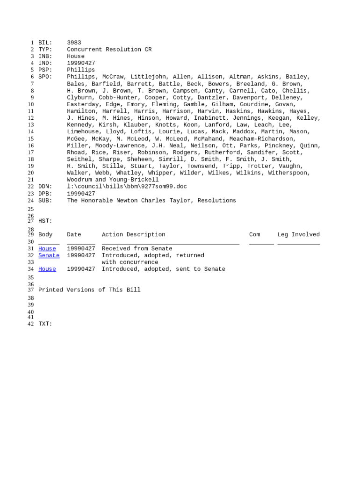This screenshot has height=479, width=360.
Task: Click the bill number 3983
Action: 74,43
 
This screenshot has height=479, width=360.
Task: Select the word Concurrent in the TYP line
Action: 84,50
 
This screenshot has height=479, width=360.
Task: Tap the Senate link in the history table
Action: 49,255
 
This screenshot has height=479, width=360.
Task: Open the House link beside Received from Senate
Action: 47,249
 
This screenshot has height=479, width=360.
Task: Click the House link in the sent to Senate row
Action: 47,269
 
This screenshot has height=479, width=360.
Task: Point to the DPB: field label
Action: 45,194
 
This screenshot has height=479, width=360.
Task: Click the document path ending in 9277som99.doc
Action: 127,187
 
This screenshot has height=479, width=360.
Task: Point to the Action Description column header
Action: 133,235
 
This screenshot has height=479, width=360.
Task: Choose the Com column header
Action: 254,235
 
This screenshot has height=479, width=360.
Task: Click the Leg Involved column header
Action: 298,235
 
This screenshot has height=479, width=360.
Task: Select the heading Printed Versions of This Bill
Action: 89,290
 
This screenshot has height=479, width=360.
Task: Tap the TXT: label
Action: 45,324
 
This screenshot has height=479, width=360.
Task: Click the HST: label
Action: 45,221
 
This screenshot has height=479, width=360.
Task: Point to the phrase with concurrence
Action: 130,262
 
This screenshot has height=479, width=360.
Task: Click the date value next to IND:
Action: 81,63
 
